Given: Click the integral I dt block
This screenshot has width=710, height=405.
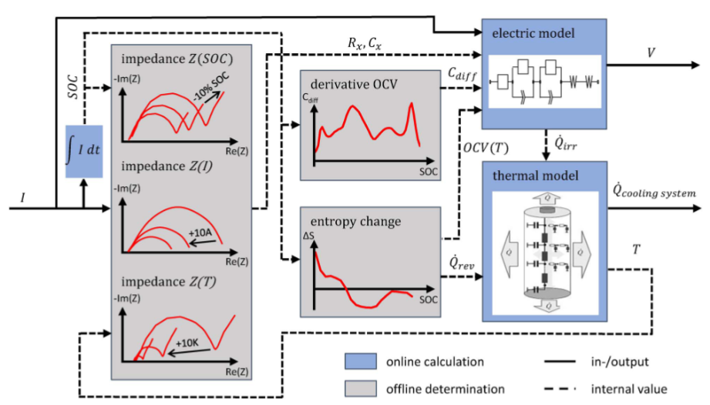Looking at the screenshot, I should coord(84,152).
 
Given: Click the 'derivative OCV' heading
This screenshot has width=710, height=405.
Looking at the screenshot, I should coord(354,83).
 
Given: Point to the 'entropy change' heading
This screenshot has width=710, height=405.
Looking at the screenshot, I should coord(355,222).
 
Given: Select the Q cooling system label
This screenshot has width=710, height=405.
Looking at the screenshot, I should coord(654,190).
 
